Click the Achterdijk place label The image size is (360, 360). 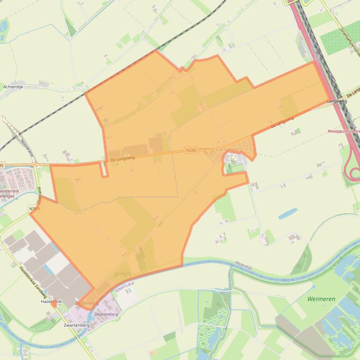[x=13, y=87]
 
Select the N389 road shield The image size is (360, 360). [x=34, y=209]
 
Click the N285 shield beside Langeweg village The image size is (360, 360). [x=191, y=150]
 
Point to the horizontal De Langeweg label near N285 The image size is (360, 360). [x=122, y=159]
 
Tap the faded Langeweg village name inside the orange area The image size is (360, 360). [x=229, y=149]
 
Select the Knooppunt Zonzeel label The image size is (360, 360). [x=344, y=131]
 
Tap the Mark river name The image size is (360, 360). [x=288, y=280]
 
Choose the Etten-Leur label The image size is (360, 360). [x=124, y=290]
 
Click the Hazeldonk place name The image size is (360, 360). [x=51, y=302]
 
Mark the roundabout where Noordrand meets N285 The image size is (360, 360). [x=34, y=165]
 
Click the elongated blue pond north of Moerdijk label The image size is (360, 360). [x=288, y=214]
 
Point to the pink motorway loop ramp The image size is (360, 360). [x=352, y=171]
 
